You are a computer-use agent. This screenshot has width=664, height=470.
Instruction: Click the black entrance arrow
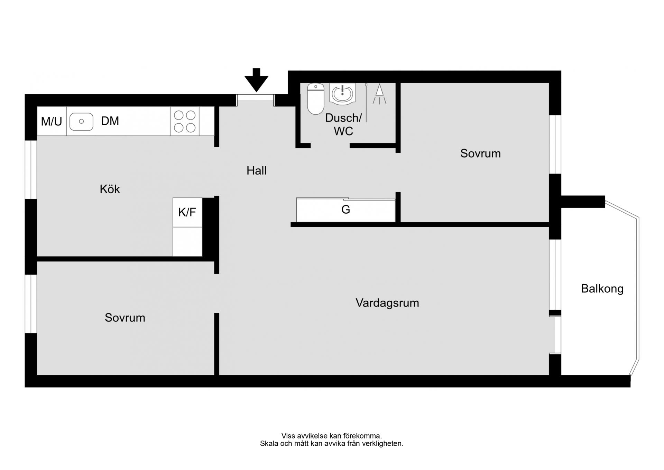256,80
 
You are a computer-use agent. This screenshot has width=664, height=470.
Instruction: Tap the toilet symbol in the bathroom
315,99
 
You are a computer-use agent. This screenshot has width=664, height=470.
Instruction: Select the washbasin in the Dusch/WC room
342,93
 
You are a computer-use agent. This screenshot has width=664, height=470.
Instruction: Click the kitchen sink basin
81,122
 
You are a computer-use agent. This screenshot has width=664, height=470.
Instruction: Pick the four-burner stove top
185,121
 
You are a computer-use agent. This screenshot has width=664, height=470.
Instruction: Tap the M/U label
52,122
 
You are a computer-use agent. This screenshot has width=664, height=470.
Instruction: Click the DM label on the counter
110,121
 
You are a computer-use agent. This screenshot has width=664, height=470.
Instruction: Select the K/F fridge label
187,212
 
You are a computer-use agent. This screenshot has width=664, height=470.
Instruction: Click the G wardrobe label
345,210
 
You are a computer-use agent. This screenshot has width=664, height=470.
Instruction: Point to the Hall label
256,170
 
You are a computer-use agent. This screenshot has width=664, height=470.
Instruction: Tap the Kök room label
110,189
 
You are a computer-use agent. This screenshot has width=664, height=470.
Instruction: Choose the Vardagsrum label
387,303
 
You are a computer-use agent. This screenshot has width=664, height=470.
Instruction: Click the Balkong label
602,289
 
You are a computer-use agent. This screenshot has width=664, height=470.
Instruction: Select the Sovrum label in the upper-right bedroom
480,153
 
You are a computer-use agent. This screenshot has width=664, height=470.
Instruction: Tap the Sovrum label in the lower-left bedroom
125,318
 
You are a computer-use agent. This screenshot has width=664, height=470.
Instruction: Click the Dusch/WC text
343,124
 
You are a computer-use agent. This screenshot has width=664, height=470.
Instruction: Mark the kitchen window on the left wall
31,170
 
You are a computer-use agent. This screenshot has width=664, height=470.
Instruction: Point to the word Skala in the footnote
269,444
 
